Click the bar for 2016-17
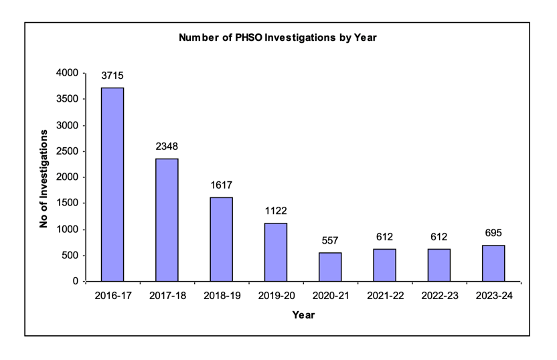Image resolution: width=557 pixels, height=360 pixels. [x=112, y=184]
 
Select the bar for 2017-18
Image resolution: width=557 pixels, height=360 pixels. [x=167, y=219]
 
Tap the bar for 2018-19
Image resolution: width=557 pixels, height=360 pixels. [x=222, y=239]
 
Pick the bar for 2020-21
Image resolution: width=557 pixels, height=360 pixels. [x=330, y=266]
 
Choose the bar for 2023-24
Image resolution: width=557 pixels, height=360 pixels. [x=493, y=263]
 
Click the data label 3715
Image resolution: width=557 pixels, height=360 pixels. [x=112, y=76]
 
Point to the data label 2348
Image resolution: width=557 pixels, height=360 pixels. [x=167, y=147]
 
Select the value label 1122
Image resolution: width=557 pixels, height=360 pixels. [x=276, y=211]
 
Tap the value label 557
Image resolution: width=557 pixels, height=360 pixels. [x=330, y=240]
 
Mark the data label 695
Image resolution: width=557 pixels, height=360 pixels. [x=493, y=233]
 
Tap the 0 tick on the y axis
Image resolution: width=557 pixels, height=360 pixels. [x=76, y=282]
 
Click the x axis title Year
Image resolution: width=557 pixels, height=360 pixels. [x=303, y=315]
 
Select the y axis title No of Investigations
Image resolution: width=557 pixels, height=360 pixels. [x=44, y=177]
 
